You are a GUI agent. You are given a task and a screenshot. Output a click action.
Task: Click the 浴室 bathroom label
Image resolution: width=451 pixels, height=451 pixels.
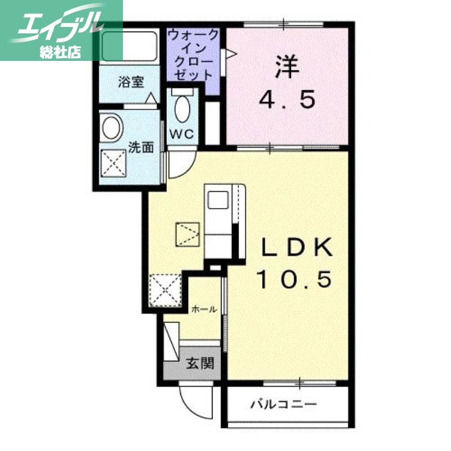click(131, 82)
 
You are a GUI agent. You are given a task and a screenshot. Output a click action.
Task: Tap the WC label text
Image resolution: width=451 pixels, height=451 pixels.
click(182, 134)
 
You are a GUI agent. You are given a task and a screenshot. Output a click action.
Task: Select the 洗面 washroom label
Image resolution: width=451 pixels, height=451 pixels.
click(141, 148)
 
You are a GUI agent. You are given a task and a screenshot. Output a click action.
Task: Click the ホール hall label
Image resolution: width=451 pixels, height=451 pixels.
click(204, 309)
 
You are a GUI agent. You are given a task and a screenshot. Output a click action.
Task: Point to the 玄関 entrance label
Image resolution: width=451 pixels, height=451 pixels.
click(200, 364)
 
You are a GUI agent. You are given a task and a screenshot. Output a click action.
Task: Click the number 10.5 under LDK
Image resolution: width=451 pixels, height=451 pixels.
click(294, 278)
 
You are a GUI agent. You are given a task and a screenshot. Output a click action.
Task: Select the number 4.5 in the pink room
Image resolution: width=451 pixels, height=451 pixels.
click(286, 100)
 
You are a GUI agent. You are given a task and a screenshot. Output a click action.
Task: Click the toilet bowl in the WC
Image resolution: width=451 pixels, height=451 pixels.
click(182, 108)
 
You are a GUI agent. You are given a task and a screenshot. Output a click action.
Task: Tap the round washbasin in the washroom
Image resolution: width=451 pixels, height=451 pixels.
click(112, 127)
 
